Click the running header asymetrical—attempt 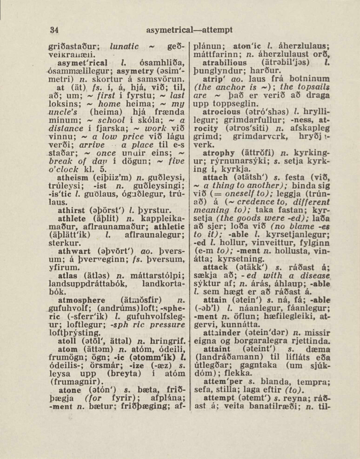coord(189,30)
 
